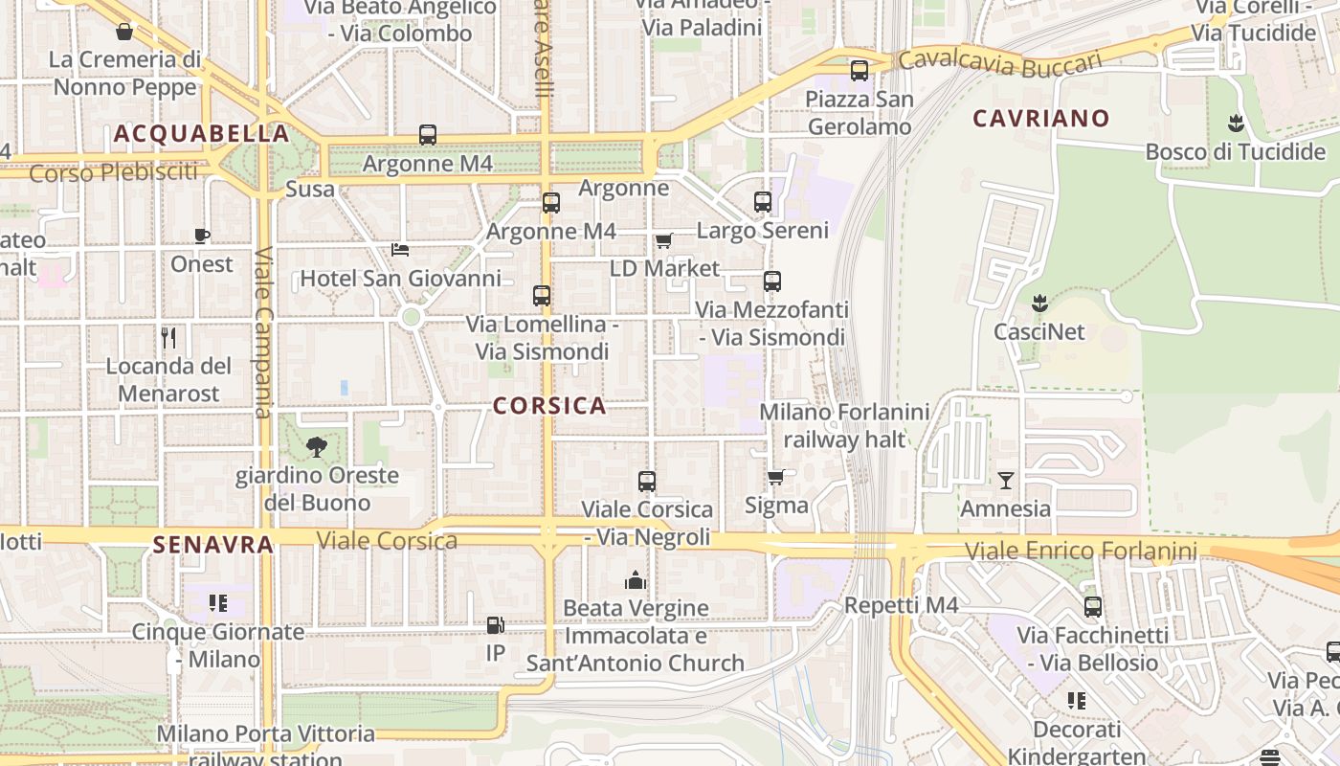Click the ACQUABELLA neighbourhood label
point(201,133)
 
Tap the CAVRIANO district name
point(1041,119)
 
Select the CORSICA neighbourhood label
point(549,405)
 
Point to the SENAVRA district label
point(213,545)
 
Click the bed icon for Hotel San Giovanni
point(400,250)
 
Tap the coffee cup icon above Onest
point(202,236)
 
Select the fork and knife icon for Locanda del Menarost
point(168,337)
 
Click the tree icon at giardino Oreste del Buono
point(316,446)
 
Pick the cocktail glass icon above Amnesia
point(1005,480)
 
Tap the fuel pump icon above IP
point(495,625)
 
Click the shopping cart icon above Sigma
point(776,476)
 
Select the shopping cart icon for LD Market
point(663,240)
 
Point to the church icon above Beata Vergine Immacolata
point(635,579)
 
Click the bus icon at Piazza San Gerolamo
point(860,70)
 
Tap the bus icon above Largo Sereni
point(763,202)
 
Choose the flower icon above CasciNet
point(1039,304)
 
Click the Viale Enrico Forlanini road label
point(1081,551)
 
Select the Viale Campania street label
point(264,333)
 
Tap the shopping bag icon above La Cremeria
point(124,32)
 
